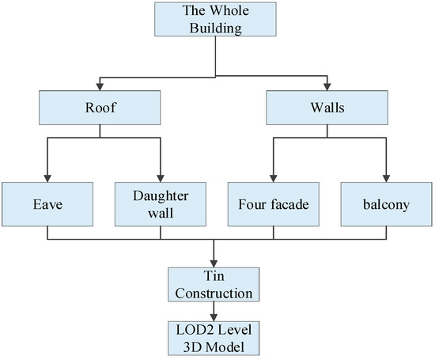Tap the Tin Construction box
[x=214, y=284]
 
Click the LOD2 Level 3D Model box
[x=214, y=338]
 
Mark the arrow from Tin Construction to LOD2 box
[x=214, y=312]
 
